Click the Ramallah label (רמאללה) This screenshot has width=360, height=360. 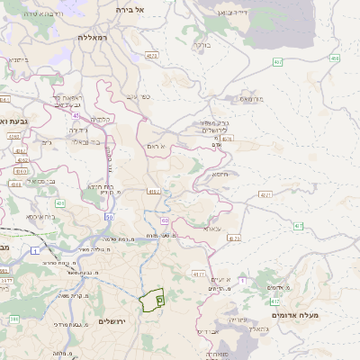(92, 38)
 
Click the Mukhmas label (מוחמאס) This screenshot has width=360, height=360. (251, 98)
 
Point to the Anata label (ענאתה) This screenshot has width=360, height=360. (212, 229)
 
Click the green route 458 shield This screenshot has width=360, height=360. (335, 58)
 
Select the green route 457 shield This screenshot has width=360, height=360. (278, 62)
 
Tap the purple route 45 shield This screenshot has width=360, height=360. (76, 115)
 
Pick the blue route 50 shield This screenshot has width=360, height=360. (110, 217)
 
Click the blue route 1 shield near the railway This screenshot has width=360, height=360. (35, 251)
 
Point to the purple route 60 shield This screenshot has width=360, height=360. (165, 220)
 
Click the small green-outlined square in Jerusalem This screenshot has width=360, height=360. (159, 299)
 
